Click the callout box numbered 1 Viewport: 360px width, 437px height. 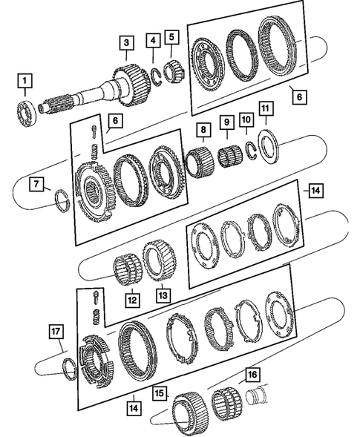(26, 79)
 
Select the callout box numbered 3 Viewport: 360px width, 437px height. (128, 43)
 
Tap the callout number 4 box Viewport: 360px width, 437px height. (153, 40)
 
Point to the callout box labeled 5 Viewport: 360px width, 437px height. (172, 36)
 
